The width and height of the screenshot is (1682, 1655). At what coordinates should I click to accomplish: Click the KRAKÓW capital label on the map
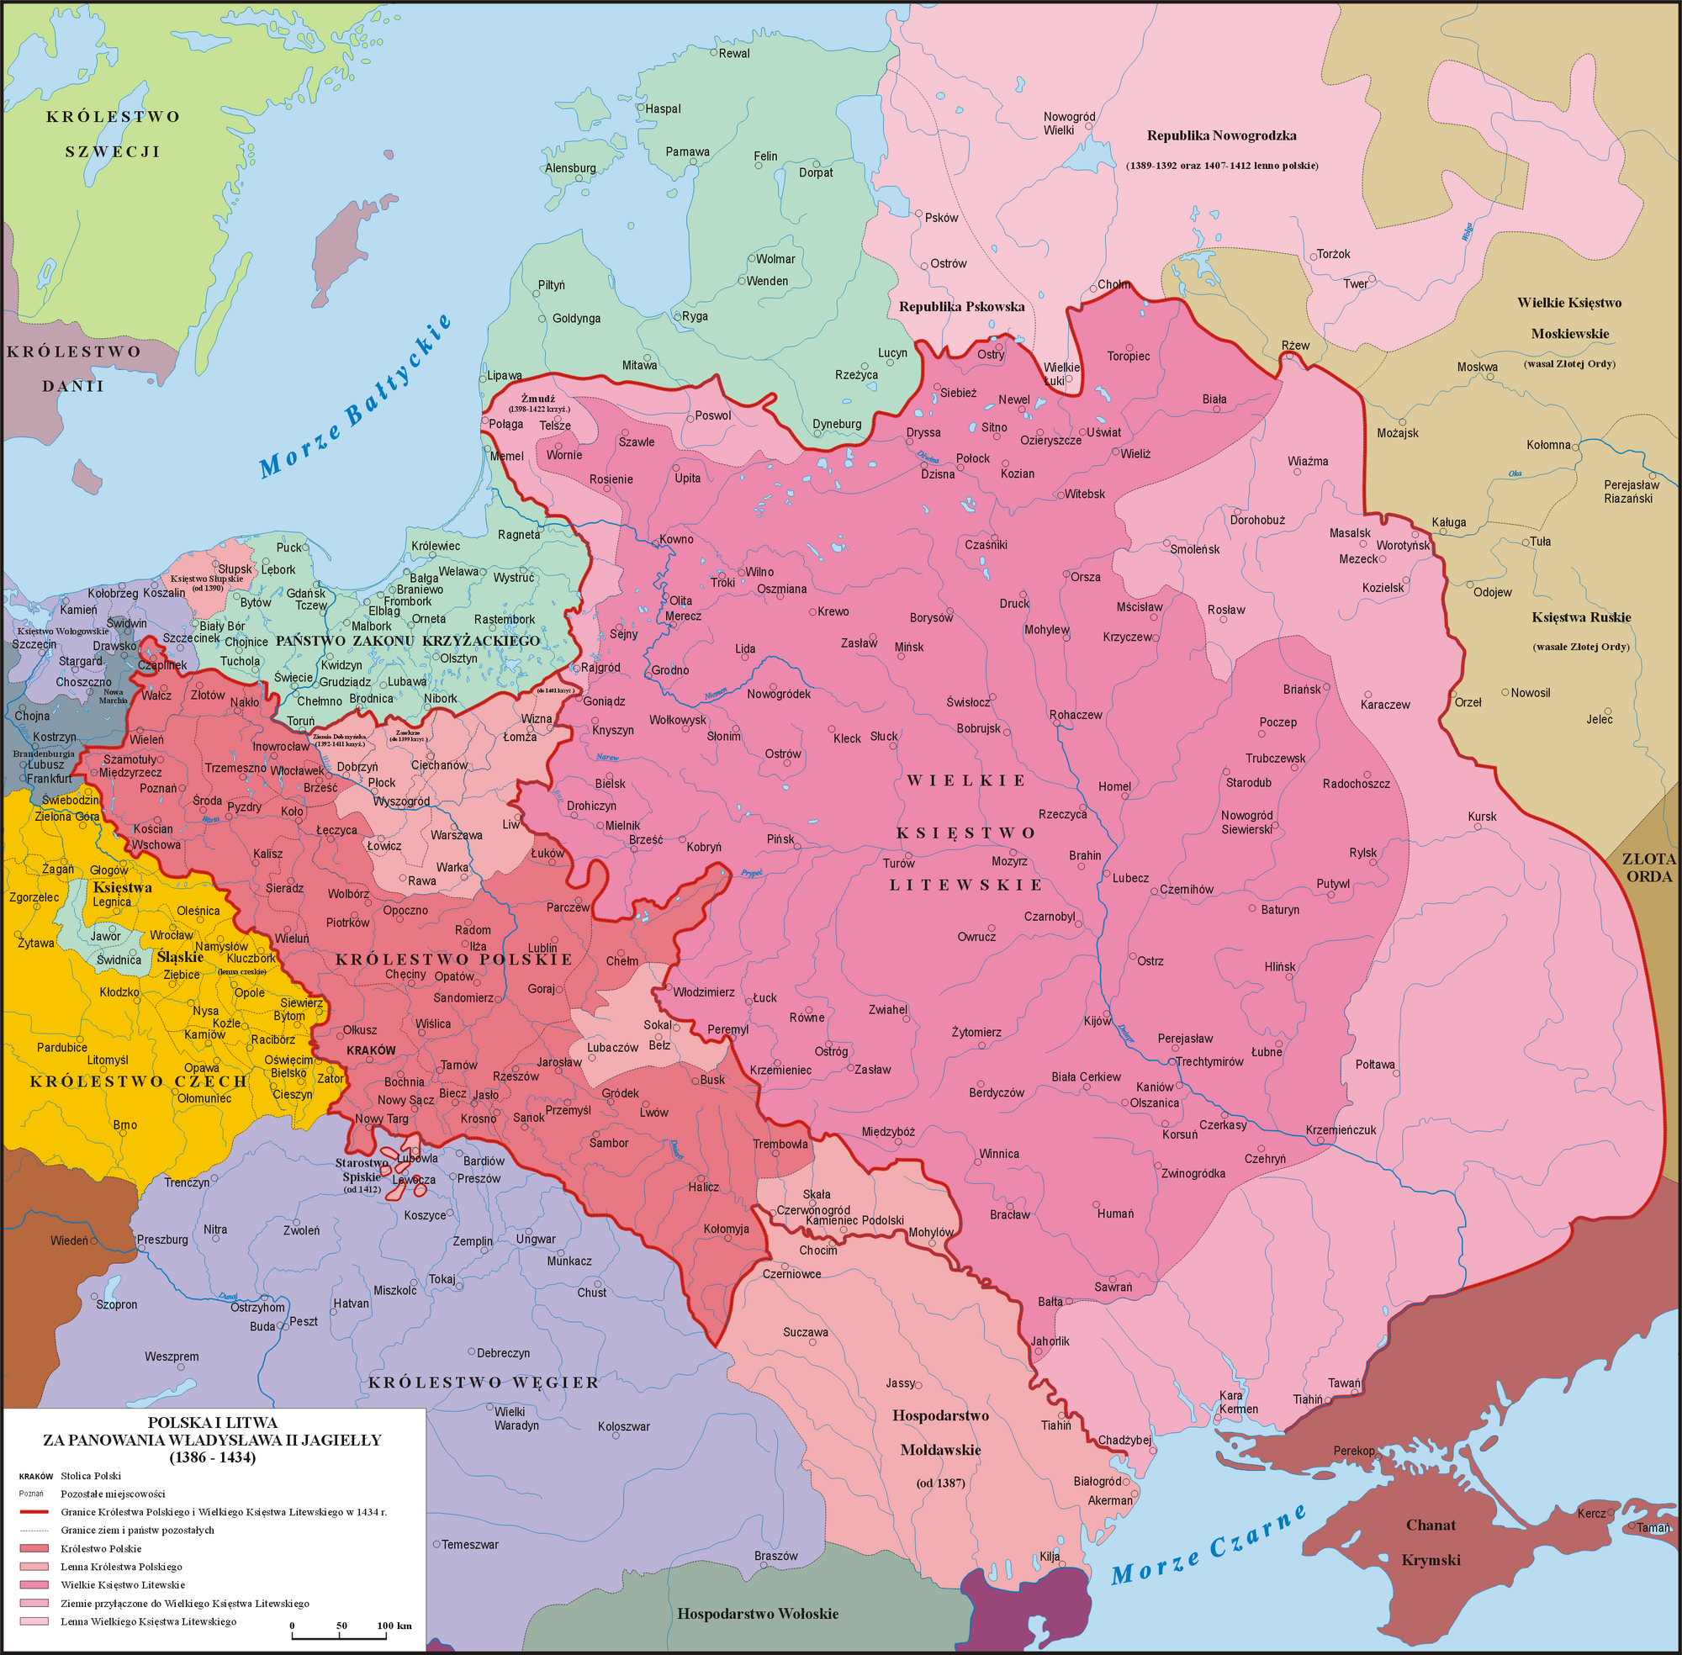pyautogui.click(x=370, y=1050)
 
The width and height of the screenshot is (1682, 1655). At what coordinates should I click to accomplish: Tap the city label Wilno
pyautogui.click(x=759, y=572)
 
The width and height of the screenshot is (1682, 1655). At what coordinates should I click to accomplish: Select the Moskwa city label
pyautogui.click(x=1477, y=367)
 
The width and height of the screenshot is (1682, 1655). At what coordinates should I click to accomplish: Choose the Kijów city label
pyautogui.click(x=1097, y=1020)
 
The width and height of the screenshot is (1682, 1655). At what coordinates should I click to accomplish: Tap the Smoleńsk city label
pyautogui.click(x=1194, y=549)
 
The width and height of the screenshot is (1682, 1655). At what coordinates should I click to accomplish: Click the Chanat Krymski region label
pyautogui.click(x=1431, y=1542)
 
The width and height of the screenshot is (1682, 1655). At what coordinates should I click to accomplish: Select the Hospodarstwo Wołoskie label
pyautogui.click(x=757, y=1614)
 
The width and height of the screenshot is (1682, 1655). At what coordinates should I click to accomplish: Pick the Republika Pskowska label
pyautogui.click(x=961, y=307)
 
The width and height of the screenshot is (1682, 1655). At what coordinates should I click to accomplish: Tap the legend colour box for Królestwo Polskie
pyautogui.click(x=34, y=1549)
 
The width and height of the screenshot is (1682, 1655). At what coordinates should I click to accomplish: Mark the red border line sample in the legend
pyautogui.click(x=34, y=1511)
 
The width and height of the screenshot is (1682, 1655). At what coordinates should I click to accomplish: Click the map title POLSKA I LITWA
pyautogui.click(x=212, y=1423)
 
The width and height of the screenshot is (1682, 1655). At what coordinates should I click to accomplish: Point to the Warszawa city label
pyautogui.click(x=457, y=835)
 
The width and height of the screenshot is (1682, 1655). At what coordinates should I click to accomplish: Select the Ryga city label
pyautogui.click(x=695, y=316)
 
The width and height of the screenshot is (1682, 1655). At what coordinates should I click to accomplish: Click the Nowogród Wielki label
pyautogui.click(x=1069, y=124)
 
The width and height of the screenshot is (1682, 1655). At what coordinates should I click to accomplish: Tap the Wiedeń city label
pyautogui.click(x=69, y=1240)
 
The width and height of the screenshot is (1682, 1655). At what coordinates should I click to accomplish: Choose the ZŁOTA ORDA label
pyautogui.click(x=1648, y=868)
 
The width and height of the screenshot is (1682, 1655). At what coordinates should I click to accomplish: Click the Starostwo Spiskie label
pyautogui.click(x=362, y=1169)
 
